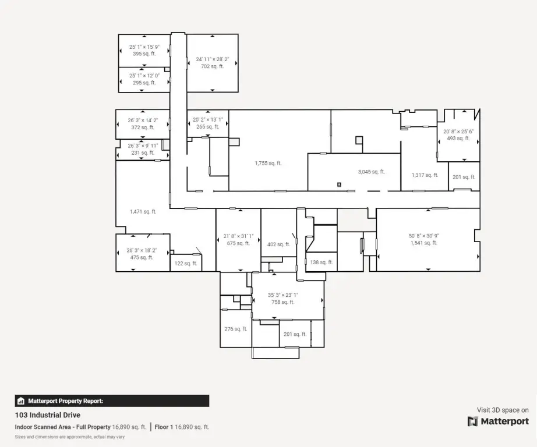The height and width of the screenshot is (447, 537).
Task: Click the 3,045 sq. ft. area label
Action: (x=372, y=172)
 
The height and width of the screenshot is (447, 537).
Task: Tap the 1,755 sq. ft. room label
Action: (x=268, y=164)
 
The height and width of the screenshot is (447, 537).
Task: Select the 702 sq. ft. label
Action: (x=213, y=66)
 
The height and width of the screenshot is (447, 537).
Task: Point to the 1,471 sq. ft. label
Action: (x=143, y=211)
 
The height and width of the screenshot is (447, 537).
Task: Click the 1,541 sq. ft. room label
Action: (x=424, y=243)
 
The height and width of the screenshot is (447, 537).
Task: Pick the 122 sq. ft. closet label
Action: (x=186, y=263)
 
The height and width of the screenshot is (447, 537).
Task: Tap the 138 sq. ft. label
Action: (x=322, y=262)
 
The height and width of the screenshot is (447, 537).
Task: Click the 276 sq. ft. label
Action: (x=236, y=329)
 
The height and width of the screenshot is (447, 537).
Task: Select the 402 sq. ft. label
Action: (x=278, y=244)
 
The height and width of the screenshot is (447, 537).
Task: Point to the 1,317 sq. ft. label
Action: (x=425, y=175)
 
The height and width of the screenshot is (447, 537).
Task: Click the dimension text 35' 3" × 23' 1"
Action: (x=283, y=295)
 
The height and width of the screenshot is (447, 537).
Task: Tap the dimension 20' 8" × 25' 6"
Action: (x=458, y=132)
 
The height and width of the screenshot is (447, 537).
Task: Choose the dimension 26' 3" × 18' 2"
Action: (x=142, y=250)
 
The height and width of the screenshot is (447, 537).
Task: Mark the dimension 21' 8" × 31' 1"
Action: (x=238, y=236)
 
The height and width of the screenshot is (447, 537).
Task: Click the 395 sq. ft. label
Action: (x=144, y=54)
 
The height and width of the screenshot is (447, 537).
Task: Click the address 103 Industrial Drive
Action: (x=48, y=415)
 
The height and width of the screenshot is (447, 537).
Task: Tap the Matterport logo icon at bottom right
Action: (x=472, y=421)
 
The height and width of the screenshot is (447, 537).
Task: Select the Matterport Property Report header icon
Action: (x=21, y=401)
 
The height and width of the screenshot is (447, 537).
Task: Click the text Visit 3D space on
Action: (x=503, y=410)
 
